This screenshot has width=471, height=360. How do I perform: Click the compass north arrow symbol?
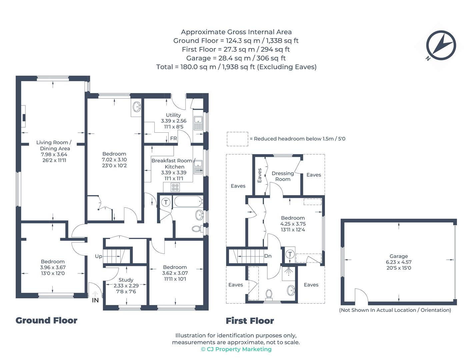pos(441,45)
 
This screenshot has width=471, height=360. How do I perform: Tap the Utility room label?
pos(173,115)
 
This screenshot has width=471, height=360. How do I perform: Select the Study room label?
pos(126,280)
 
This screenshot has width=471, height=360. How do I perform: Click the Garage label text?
pos(398,256)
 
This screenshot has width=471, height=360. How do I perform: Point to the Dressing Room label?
pos(283,176)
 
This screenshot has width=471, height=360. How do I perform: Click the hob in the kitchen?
pos(175,187)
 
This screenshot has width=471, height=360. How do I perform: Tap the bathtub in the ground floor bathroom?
pos(188,201)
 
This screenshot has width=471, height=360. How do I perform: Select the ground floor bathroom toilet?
pos(197,229)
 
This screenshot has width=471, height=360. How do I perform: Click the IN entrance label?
pos(95,300)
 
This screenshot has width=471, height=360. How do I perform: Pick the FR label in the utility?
pos(173,138)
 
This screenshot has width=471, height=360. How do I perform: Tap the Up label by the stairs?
pos(98,256)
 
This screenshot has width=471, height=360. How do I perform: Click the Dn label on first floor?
pos(268,256)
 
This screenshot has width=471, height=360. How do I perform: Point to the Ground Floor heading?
pos(46,321)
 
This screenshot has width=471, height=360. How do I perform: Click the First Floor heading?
pos(250,321)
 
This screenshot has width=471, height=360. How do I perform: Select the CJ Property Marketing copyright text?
pos(236,349)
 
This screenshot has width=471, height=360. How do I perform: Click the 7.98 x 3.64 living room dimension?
pos(54,154)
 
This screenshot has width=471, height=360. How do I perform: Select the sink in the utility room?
pos(198,123)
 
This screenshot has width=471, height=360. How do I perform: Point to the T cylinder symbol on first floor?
pos(290,254)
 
